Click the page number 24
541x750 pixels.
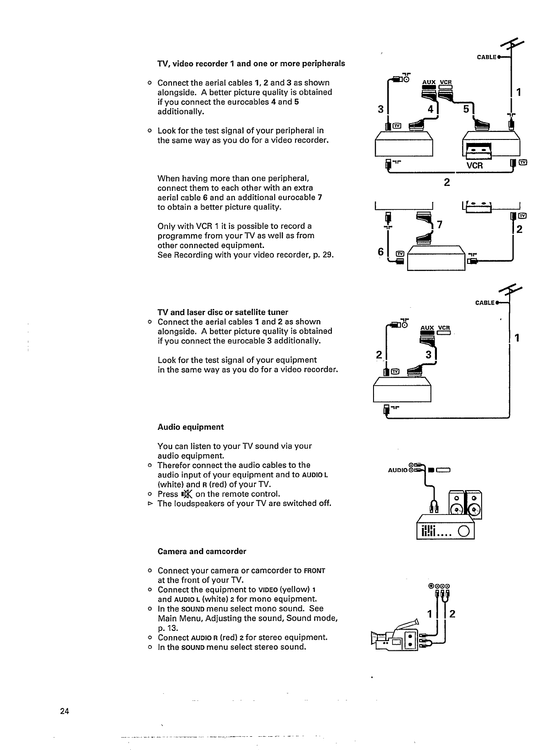pos(65,711)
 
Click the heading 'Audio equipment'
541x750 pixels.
pos(191,427)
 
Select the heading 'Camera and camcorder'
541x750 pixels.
pos(202,552)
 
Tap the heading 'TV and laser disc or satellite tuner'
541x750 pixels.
pos(223,312)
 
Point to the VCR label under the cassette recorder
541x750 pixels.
pos(474,166)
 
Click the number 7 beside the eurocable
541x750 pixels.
pos(440,225)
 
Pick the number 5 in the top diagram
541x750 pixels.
pos(466,108)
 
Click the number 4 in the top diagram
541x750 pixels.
pos(428,108)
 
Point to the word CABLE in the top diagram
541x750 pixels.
pos(486,58)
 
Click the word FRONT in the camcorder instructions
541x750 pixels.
pos(315,571)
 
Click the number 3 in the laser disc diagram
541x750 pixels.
pos(428,355)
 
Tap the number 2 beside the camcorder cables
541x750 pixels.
pos(452,614)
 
